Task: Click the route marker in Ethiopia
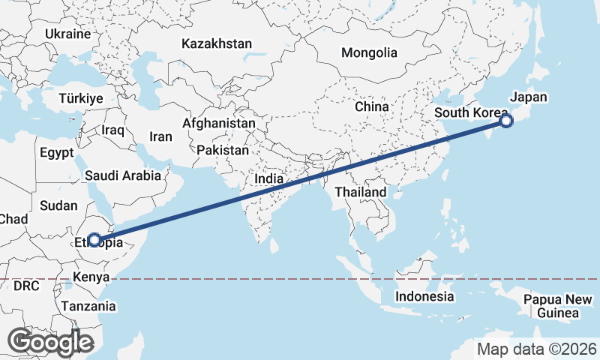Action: point(94,240)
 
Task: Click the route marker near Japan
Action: point(506,120)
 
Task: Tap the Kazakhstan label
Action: point(216,44)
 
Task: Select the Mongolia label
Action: point(368,53)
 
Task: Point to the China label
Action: point(372,106)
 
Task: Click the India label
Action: point(269,178)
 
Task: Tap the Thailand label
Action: point(360,192)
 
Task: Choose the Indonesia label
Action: point(424,296)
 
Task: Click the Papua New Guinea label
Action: point(558,306)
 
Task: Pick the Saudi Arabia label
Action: point(123,176)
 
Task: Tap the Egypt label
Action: point(57,153)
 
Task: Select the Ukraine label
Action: point(67,34)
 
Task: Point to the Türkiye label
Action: point(82,98)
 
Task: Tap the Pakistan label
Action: point(223,150)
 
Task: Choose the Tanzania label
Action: point(89,306)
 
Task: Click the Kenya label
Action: point(92,278)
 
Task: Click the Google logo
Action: point(50,342)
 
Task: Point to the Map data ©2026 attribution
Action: point(536,349)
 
